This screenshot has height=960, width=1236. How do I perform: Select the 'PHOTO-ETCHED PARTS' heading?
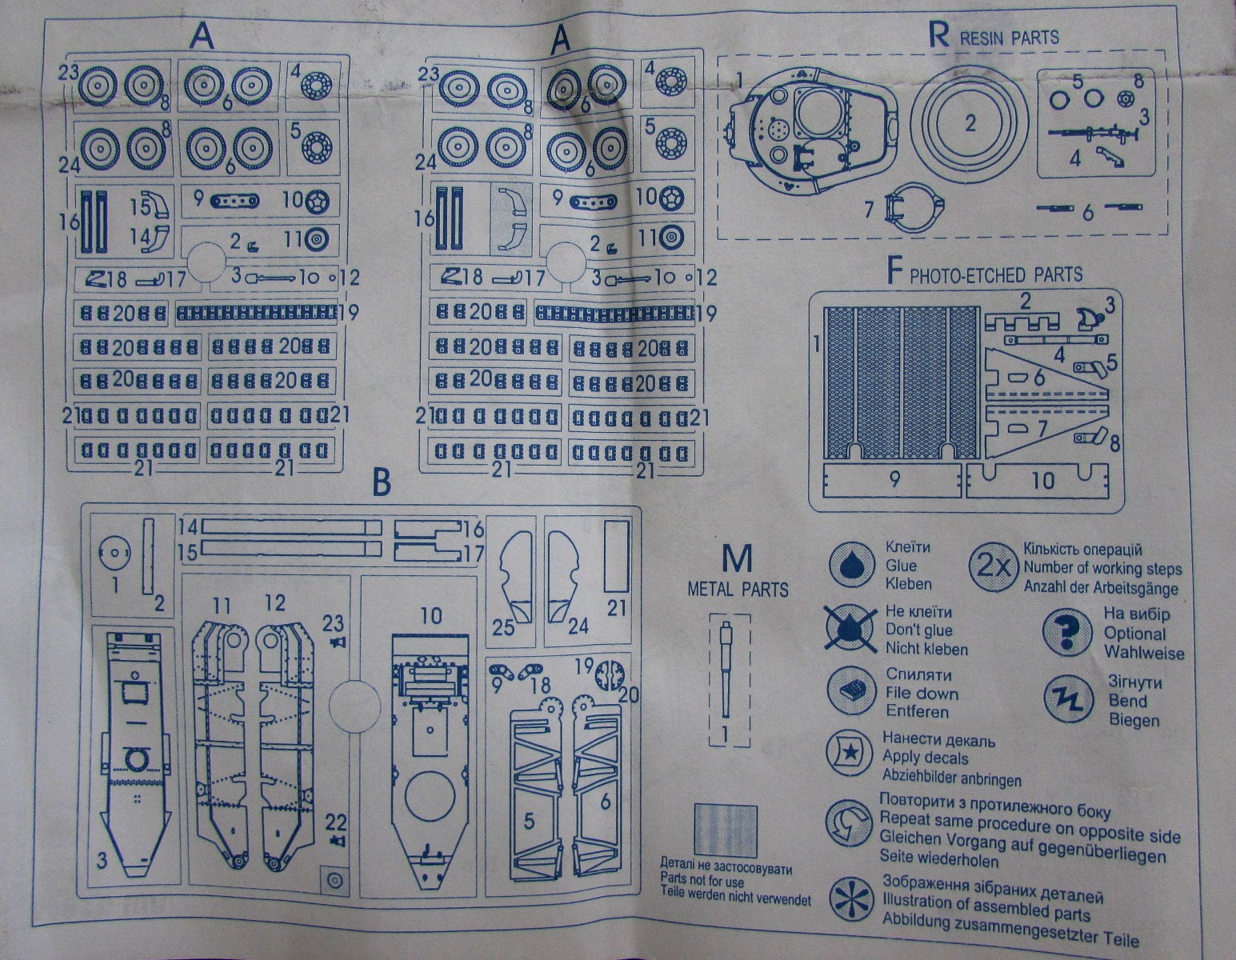(994, 274)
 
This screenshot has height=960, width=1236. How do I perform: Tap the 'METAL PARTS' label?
(738, 590)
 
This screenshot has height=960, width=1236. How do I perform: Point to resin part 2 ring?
(969, 124)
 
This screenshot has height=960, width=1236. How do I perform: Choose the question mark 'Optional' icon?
(1068, 632)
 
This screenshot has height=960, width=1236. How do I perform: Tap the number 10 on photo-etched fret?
(1043, 480)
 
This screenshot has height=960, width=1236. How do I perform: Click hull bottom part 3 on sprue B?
(135, 752)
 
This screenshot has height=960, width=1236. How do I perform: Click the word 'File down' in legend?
(921, 693)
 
